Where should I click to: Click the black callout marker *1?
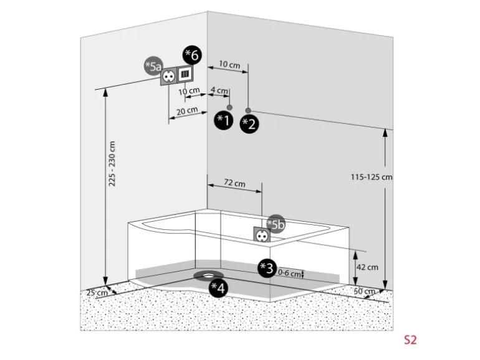coord(223,120)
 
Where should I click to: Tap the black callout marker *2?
coord(249,123)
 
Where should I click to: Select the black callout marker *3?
coord(267,268)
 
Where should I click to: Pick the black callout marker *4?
coord(218,287)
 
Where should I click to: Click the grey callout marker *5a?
coord(153,66)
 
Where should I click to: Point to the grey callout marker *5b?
coord(275,224)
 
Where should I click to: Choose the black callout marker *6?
coord(192,55)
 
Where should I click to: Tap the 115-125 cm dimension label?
coord(372,176)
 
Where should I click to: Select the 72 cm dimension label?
coord(234,184)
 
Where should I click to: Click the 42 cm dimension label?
coord(367,267)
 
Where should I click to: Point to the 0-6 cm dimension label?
coord(288,273)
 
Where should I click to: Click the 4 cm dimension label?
coord(219,91)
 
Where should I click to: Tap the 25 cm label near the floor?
coord(94,292)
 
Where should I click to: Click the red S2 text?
coord(410,340)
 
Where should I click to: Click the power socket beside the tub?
coord(261,235)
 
